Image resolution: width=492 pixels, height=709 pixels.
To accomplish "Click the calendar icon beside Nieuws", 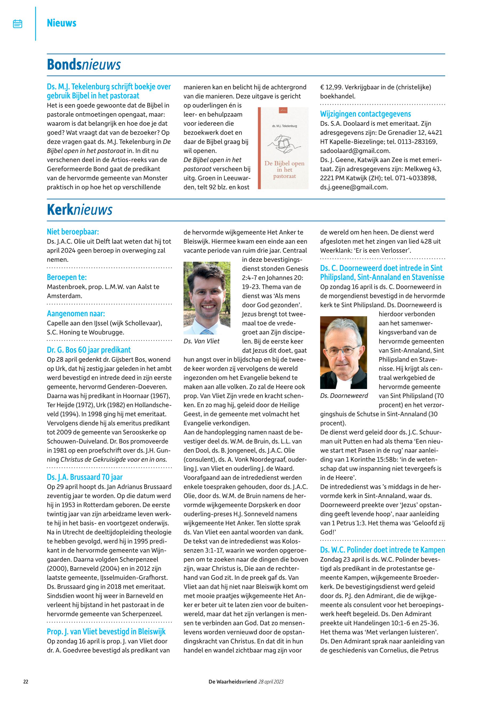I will click(18, 24).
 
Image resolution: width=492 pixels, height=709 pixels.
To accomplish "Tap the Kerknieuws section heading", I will click(79, 210).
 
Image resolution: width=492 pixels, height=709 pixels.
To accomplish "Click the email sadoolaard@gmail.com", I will click(355, 151).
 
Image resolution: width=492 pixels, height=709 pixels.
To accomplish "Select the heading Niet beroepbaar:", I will click(73, 232).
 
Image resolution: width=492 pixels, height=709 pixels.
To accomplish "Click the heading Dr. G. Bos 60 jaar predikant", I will click(89, 350).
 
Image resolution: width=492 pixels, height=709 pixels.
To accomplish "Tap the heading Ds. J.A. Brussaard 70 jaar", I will click(85, 477).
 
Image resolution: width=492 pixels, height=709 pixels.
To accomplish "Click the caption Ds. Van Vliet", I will click(201, 341).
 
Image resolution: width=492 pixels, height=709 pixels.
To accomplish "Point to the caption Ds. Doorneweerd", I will click(344, 396).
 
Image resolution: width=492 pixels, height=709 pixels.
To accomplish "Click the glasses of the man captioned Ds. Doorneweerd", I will click(343, 350).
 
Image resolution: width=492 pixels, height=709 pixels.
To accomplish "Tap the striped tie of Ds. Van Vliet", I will click(207, 332).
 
